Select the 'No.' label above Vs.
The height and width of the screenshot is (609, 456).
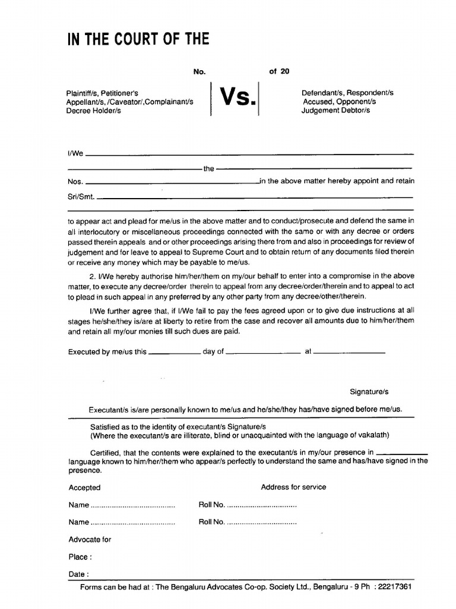199,71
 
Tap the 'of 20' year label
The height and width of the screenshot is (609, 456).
279,71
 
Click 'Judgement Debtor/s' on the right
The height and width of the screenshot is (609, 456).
335,111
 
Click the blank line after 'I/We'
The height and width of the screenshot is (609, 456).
249,155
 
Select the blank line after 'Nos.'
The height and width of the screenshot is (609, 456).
172,182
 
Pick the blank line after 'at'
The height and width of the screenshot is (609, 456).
349,352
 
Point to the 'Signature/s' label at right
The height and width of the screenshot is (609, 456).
369,393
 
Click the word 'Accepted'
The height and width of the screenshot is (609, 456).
85,488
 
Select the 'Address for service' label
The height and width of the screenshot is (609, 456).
293,487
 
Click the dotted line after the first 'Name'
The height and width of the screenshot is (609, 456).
132,506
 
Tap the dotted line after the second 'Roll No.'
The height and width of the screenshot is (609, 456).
262,523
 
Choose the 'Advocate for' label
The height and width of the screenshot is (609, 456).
90,540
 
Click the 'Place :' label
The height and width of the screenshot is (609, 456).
80,558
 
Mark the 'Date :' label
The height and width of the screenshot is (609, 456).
79,575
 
